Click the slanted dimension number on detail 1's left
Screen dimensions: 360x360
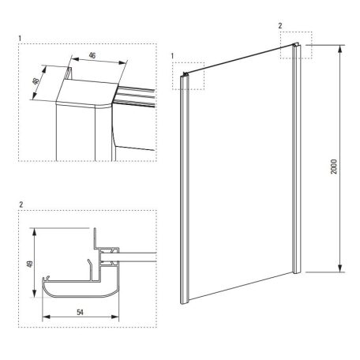(x=35, y=84)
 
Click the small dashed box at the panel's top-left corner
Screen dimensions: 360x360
(x=189, y=75)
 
